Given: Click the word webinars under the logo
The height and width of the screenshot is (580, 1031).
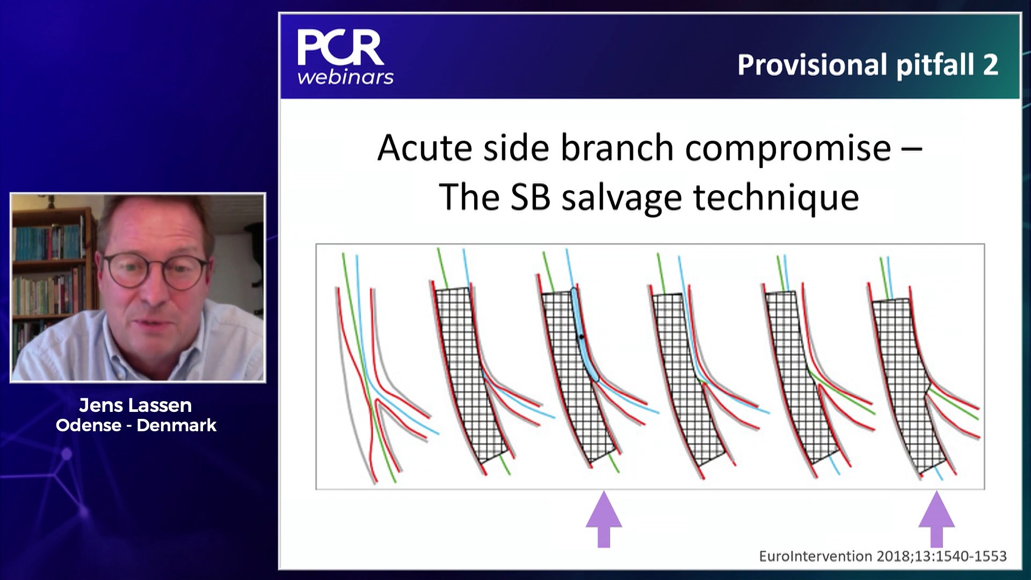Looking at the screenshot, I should click(345, 77).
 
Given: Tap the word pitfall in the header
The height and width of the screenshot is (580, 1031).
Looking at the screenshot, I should click(934, 65).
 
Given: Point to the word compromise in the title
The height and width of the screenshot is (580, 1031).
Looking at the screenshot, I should click(788, 149).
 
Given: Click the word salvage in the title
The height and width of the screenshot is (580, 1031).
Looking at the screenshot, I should click(621, 198).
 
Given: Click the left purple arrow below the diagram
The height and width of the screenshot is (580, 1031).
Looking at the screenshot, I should click(604, 519).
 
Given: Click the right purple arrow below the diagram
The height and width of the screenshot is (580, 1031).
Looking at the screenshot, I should click(936, 519).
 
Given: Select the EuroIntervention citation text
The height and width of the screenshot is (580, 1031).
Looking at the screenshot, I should click(882, 556).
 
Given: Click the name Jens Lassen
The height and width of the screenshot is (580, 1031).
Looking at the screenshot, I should click(135, 405).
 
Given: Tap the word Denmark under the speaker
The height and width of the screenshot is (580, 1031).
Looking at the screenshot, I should click(176, 425).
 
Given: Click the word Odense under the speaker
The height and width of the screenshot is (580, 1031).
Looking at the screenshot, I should click(89, 425).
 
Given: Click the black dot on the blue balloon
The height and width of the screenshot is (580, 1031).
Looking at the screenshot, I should click(581, 337).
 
